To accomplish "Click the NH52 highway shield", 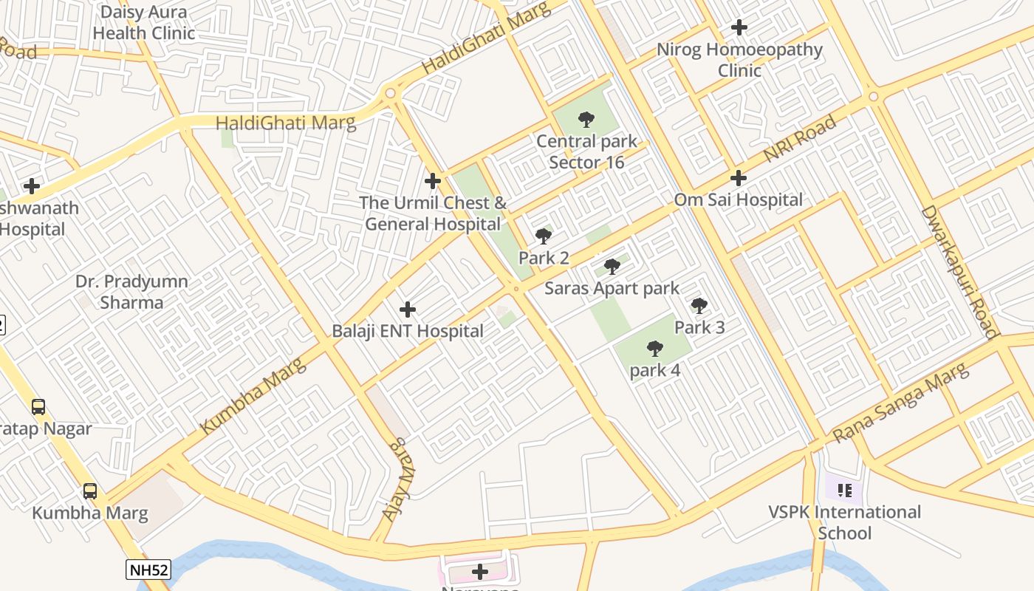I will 148,570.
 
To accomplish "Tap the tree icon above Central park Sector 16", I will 586,119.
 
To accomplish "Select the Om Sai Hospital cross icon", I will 738,178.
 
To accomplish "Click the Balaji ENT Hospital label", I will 408,331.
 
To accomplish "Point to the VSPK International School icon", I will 845,490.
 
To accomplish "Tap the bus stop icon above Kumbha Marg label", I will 90,491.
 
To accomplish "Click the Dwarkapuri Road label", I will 959,271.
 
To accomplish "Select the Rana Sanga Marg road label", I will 902,403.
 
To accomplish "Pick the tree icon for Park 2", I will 544,236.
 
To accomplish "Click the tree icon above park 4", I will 654,348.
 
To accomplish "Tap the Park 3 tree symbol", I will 699,305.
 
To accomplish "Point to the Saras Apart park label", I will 612,288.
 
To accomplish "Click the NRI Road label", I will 800,139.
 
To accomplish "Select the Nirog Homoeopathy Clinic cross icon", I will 739,28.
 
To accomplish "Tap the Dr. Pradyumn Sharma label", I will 132,292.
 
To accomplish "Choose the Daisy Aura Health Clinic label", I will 144,23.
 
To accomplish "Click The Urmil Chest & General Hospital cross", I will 433,180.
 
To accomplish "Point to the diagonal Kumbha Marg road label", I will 253,396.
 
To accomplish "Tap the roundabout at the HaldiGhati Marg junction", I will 390,94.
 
